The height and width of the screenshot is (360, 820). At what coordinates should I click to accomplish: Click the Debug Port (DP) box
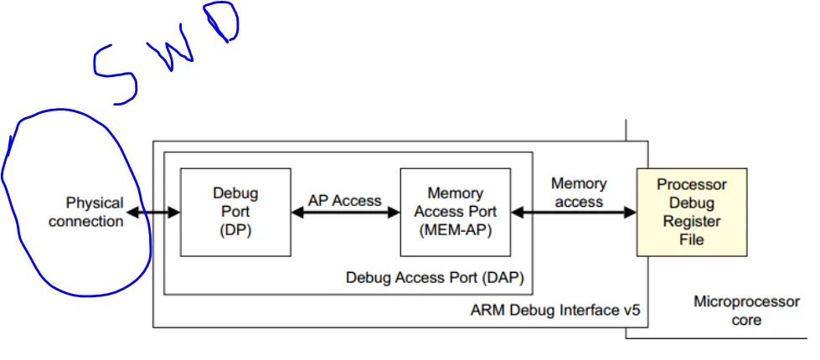235,212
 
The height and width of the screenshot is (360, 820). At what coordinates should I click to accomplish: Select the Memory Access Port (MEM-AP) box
455,212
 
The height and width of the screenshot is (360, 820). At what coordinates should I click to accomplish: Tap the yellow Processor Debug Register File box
692,212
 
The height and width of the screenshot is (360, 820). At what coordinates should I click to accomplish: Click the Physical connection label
88,212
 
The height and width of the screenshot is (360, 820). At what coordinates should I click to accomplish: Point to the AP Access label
344,201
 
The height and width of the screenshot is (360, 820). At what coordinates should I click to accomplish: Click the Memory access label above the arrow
578,193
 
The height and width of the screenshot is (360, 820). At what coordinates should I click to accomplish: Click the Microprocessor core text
746,310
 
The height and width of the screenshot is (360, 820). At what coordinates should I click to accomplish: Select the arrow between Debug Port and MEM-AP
345,213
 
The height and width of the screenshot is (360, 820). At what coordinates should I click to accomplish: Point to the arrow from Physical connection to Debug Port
153,213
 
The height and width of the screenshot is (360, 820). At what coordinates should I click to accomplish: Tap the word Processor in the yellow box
692,185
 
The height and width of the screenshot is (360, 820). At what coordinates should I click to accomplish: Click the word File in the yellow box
692,239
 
